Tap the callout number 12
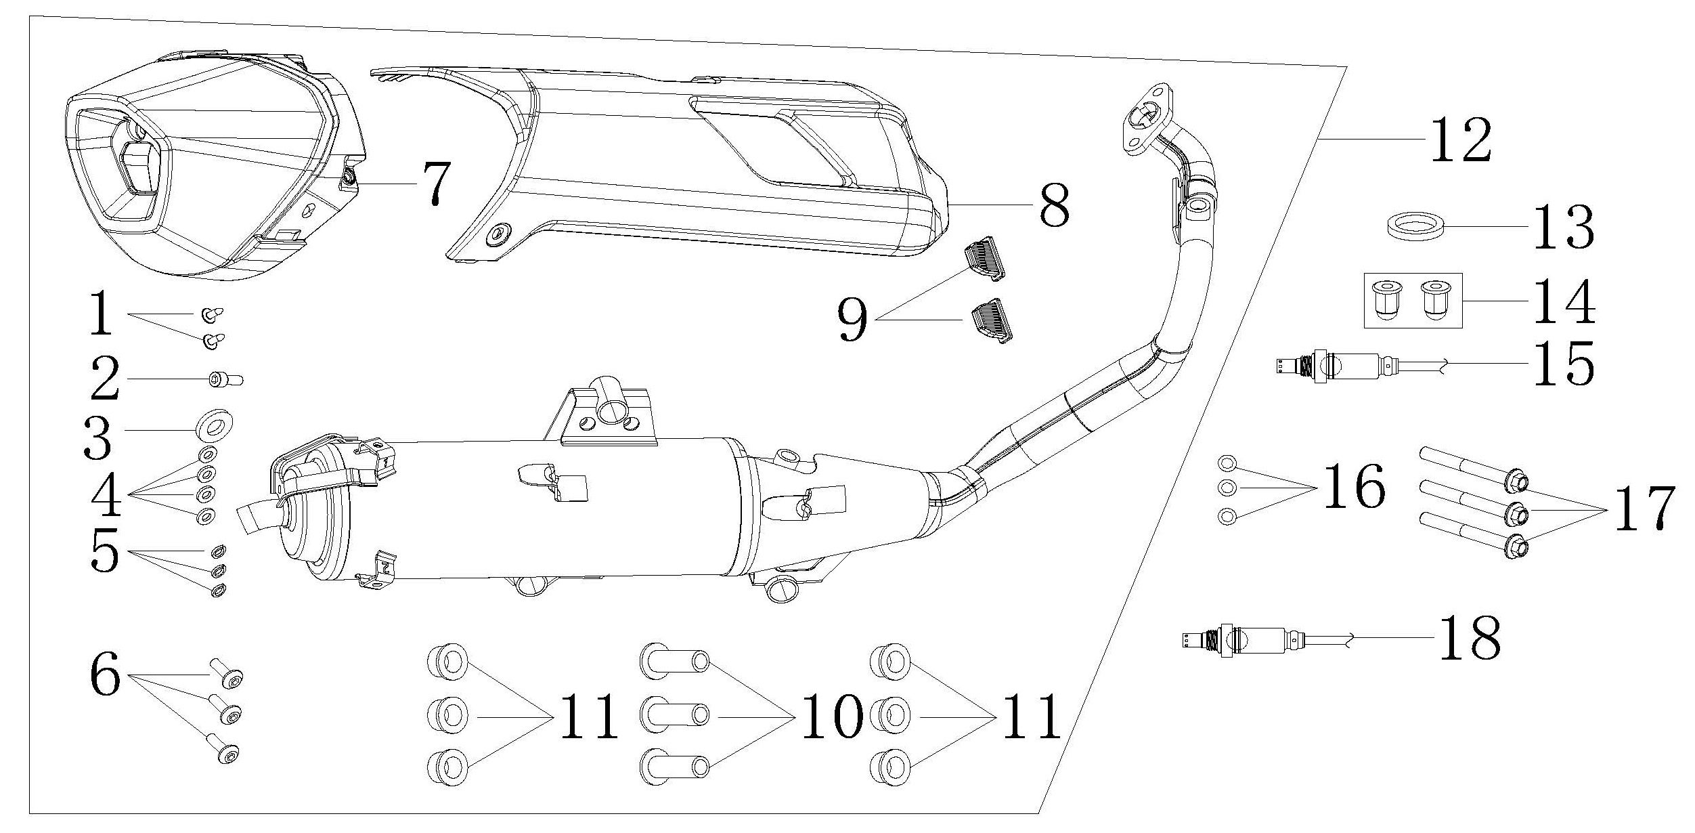pyautogui.click(x=1460, y=139)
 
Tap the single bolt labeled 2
pyautogui.click(x=223, y=380)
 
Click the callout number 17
pyautogui.click(x=1644, y=508)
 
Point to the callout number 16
pyautogui.click(x=1352, y=488)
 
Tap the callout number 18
pyautogui.click(x=1469, y=639)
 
